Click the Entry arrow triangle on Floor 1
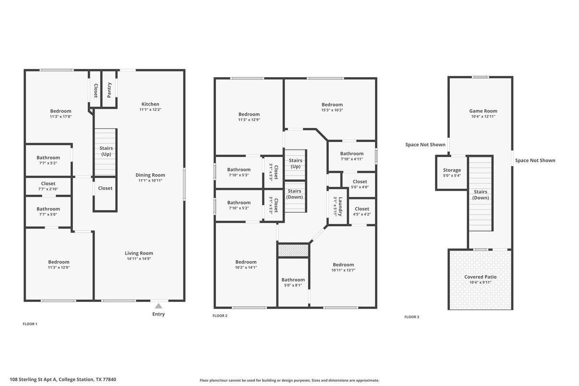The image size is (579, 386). point(158,306)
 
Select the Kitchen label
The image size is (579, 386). point(150,104)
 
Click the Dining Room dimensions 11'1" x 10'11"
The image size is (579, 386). point(150,181)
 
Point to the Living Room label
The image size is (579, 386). point(139,253)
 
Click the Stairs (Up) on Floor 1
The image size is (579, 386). point(106,151)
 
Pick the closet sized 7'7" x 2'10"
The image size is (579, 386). point(48,186)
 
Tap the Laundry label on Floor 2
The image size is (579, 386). point(339,207)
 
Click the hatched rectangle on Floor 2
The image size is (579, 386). point(293,250)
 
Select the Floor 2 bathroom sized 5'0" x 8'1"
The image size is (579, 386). point(293,282)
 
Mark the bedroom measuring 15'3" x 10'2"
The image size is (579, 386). point(332,107)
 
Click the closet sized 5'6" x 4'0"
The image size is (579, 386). point(360,184)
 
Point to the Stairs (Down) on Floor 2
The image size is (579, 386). point(294,194)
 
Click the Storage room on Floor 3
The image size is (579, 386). point(452,172)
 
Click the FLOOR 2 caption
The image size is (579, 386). point(220,316)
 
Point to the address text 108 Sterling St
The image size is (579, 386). point(62,379)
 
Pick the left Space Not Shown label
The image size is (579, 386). point(425,145)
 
